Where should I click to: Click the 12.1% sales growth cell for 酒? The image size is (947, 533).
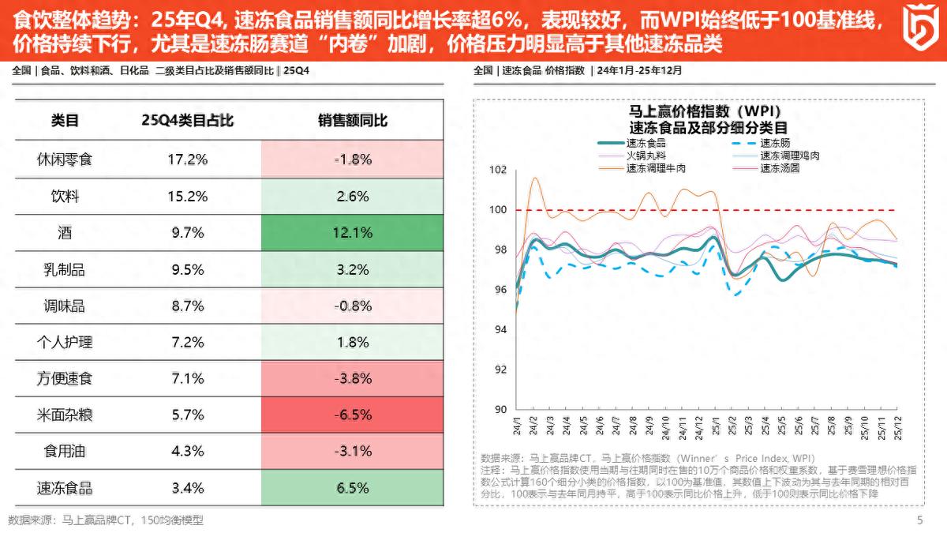(x=353, y=233)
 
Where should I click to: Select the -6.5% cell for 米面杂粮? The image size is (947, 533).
(x=353, y=415)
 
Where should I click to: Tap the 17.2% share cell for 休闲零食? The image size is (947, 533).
(x=187, y=160)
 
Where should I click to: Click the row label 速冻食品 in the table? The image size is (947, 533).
(x=65, y=488)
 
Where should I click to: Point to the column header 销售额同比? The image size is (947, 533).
(x=353, y=121)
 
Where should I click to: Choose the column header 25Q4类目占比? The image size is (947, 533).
(x=187, y=121)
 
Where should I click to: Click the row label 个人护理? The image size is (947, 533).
(x=65, y=342)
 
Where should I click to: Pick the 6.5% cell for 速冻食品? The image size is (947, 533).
(x=353, y=488)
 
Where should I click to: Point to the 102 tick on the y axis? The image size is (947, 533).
(x=497, y=170)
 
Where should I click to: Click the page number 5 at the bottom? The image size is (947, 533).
(x=919, y=520)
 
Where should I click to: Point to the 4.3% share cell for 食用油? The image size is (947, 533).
(x=187, y=452)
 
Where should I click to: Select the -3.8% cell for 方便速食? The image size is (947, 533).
(x=353, y=378)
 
